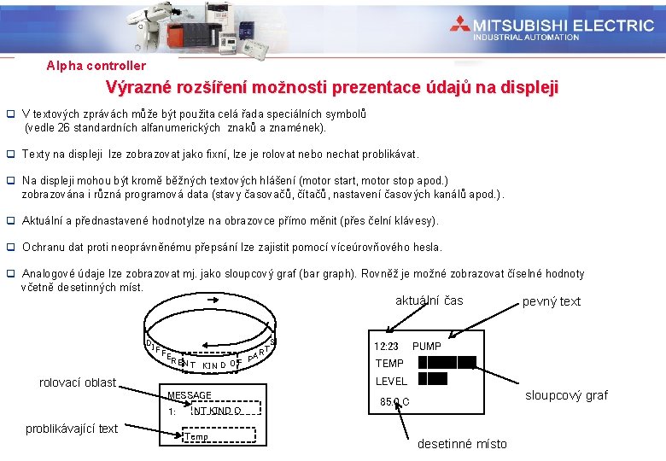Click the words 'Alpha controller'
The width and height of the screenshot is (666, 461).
pyautogui.click(x=96, y=66)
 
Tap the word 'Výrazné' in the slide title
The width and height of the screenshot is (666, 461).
pyautogui.click(x=137, y=87)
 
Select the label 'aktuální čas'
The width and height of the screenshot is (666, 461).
pyautogui.click(x=429, y=301)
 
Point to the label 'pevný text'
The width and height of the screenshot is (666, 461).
pyautogui.click(x=551, y=301)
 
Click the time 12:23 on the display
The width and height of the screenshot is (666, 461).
pyautogui.click(x=387, y=347)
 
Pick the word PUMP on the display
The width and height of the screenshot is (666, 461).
pyautogui.click(x=426, y=347)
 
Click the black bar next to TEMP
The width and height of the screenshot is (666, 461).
pyautogui.click(x=447, y=363)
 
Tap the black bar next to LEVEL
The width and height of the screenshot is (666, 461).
pyautogui.click(x=432, y=379)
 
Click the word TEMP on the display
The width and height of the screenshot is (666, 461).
pyautogui.click(x=389, y=364)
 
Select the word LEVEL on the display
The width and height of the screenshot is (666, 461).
pyautogui.click(x=391, y=381)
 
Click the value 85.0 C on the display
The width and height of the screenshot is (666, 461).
pyautogui.click(x=394, y=401)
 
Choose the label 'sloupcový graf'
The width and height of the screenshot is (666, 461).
pyautogui.click(x=566, y=395)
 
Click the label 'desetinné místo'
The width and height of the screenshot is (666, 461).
pyautogui.click(x=462, y=444)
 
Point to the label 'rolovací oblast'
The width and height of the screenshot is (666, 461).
pyautogui.click(x=78, y=382)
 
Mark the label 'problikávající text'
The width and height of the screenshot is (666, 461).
pyautogui.click(x=73, y=429)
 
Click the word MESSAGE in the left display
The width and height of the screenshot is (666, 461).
pyautogui.click(x=190, y=395)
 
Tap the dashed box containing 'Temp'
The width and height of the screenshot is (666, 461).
pyautogui.click(x=197, y=437)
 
